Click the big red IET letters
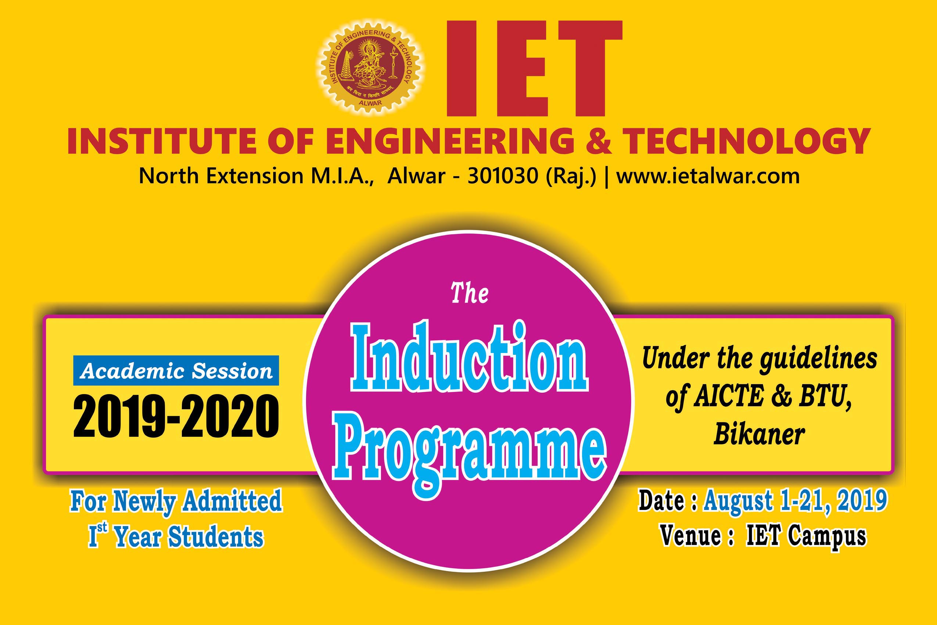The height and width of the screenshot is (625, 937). [534, 68]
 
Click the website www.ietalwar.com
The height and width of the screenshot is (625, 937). [708, 176]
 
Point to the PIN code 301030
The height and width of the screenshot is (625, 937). [503, 176]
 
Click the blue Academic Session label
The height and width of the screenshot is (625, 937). [176, 371]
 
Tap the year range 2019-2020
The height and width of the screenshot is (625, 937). [176, 416]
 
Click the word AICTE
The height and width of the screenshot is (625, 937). [729, 397]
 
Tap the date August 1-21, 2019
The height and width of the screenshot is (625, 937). [795, 501]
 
